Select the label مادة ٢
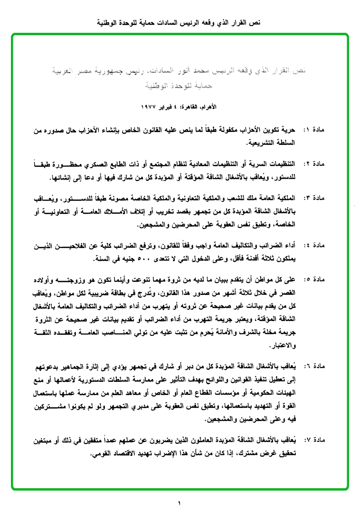click(313, 164)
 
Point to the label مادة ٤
click(313, 246)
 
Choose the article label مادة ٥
click(313, 279)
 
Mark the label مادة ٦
click(313, 366)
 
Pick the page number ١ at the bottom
click(180, 503)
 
